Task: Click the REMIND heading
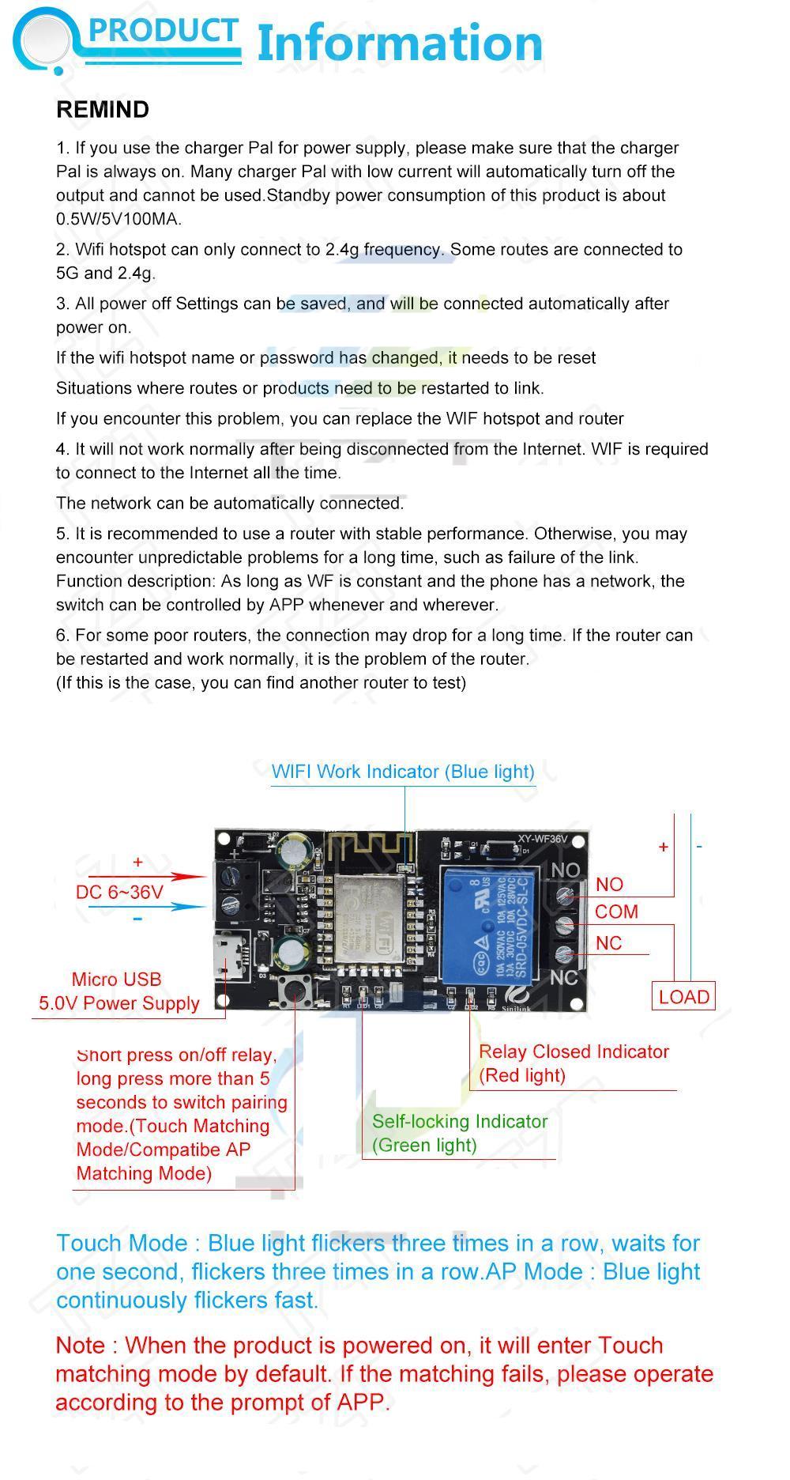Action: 103,110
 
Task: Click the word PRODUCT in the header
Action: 163,31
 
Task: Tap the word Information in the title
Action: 400,43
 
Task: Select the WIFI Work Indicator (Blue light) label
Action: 403,772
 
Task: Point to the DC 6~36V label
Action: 119,893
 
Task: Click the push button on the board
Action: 294,989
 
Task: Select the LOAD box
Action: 683,997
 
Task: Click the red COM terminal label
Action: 616,912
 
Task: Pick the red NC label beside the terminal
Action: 608,943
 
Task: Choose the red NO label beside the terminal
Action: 609,885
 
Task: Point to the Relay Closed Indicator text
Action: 574,1052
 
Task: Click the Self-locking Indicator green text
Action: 460,1122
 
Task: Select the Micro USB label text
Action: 116,980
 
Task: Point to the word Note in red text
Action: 81,1346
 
